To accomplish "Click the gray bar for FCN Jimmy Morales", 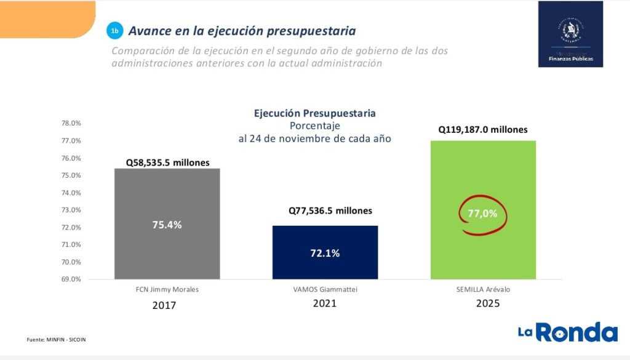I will (167, 197).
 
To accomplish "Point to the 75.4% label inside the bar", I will (167, 225).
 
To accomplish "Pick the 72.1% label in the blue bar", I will (324, 253).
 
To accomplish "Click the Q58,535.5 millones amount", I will (167, 163).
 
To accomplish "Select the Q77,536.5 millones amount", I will (330, 210).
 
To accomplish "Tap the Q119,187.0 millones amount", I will (483, 130).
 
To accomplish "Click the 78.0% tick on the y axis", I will (71, 123).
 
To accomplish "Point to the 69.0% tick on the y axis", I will (71, 279).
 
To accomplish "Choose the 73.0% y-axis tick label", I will (71, 210).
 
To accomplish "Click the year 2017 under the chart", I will (164, 305).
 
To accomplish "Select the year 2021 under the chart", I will (324, 303).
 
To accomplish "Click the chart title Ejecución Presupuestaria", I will (314, 113).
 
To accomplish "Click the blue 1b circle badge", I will (114, 30).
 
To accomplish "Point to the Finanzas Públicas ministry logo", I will (570, 34).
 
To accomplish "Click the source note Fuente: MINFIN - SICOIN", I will (56, 339).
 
